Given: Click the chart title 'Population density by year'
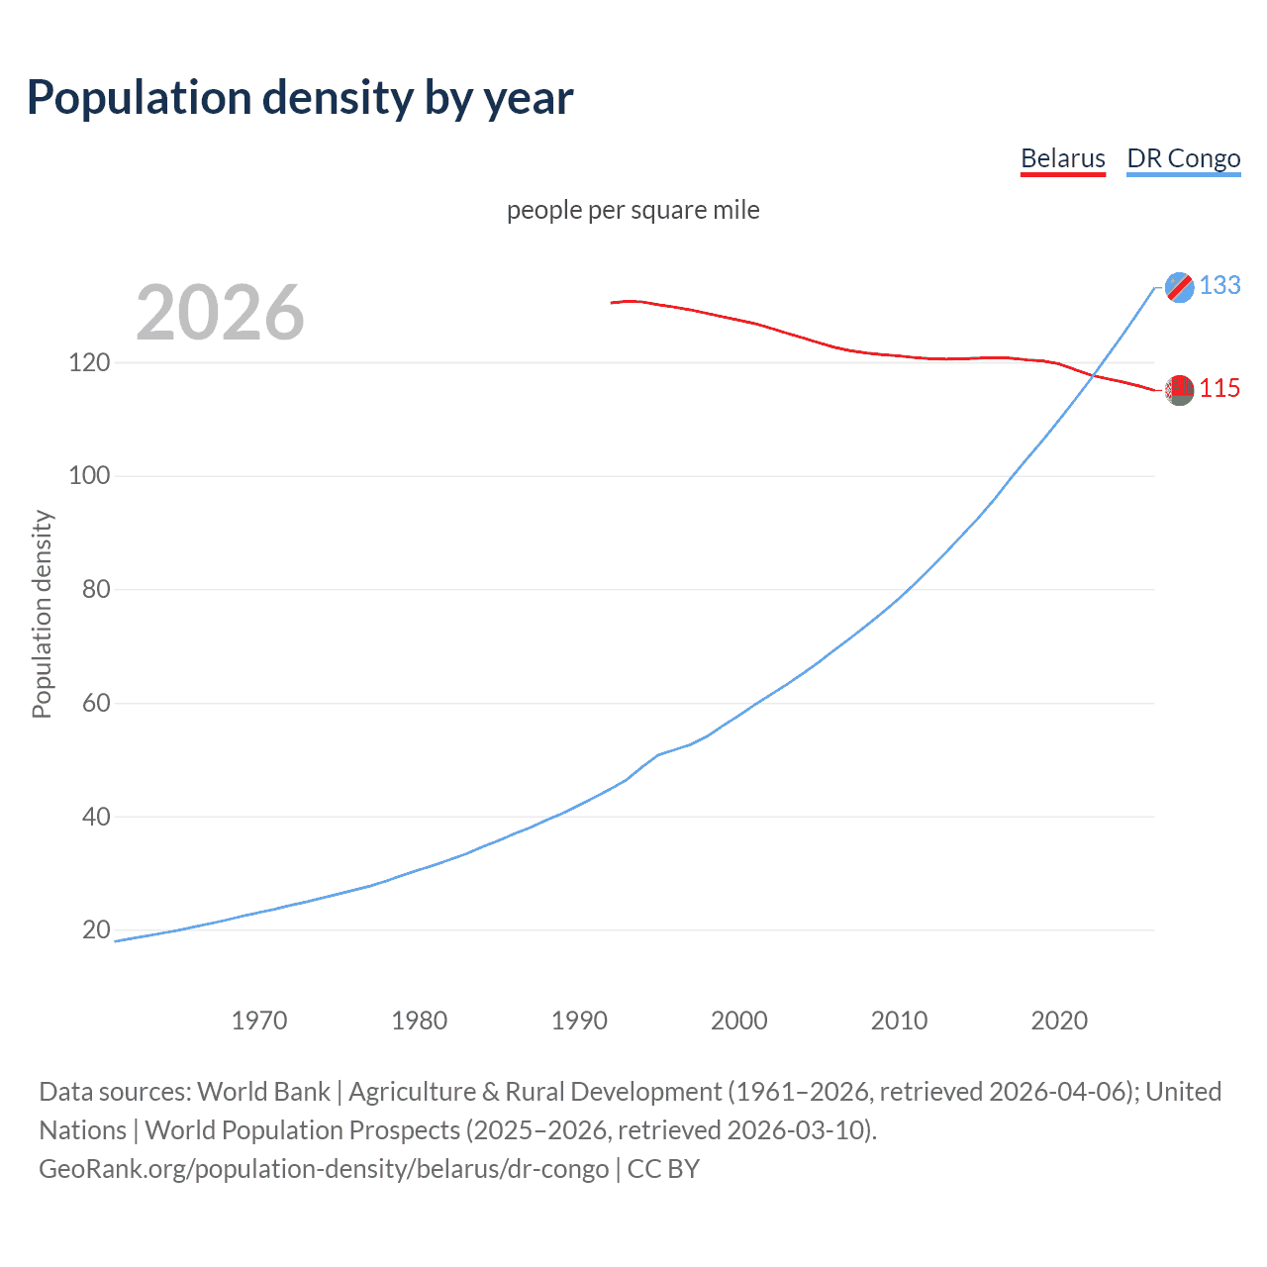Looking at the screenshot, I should pyautogui.click(x=300, y=97).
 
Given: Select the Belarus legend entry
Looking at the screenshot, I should pyautogui.click(x=1062, y=158).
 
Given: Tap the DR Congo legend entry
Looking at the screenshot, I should pyautogui.click(x=1183, y=158).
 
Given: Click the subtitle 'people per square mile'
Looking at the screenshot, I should pyautogui.click(x=633, y=210).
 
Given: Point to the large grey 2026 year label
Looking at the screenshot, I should pyautogui.click(x=220, y=313).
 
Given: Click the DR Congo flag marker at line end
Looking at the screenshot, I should pyautogui.click(x=1179, y=287).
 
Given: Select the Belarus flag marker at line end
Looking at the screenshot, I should pyautogui.click(x=1179, y=390).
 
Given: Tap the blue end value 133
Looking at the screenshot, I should pyautogui.click(x=1219, y=285).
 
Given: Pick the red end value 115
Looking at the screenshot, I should pyautogui.click(x=1219, y=389).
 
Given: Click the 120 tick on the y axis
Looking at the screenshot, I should pyautogui.click(x=89, y=362).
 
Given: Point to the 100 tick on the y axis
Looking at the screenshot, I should pyautogui.click(x=89, y=476).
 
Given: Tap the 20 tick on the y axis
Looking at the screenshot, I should pyautogui.click(x=95, y=930).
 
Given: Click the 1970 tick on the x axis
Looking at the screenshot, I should pyautogui.click(x=259, y=1021).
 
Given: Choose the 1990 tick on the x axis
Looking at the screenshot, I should pyautogui.click(x=579, y=1021).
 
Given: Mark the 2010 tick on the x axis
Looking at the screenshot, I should pyautogui.click(x=899, y=1021).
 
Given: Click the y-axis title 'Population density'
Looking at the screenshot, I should pyautogui.click(x=42, y=614).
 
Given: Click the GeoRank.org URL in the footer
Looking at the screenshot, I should pyautogui.click(x=324, y=1169).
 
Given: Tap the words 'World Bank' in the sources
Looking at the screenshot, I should pyautogui.click(x=263, y=1092).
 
